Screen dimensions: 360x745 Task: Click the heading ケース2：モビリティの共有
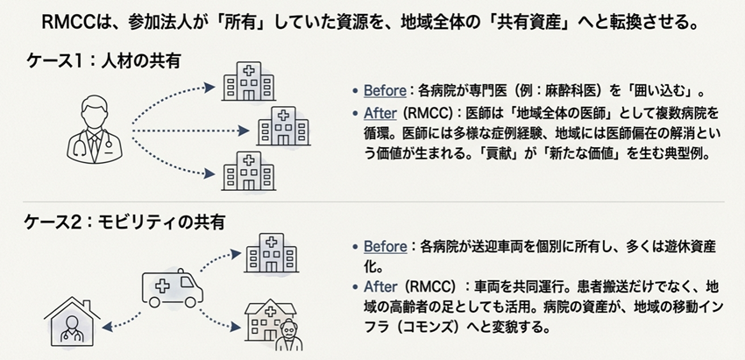point(125,222)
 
